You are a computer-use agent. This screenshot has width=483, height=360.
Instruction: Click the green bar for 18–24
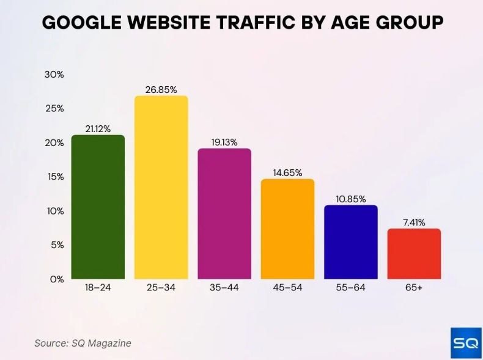tap(98, 207)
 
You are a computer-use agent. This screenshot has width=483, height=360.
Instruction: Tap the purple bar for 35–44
tap(224, 214)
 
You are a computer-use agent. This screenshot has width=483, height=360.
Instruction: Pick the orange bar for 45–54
tap(287, 229)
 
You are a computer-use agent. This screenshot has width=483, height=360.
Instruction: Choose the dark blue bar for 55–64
tap(351, 242)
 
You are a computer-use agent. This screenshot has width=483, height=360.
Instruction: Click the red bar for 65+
tap(414, 254)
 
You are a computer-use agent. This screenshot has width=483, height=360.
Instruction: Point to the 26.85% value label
tap(161, 90)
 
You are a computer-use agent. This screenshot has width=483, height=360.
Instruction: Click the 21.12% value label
tap(98, 129)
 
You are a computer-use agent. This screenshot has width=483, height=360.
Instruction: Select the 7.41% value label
tap(414, 222)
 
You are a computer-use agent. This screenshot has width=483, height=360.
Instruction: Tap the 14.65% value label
tap(287, 173)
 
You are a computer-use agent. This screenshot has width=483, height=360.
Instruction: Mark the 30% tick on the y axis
tap(54, 75)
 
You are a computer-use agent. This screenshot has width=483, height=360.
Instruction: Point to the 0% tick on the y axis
tap(56, 279)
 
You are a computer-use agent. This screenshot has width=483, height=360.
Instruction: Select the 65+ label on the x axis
tap(414, 287)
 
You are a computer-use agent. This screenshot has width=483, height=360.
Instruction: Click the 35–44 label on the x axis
tap(224, 287)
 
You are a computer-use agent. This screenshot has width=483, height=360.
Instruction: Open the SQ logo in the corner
tap(466, 343)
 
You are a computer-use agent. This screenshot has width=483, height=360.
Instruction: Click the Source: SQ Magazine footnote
tap(83, 343)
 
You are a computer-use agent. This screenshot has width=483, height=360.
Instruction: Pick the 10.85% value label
tap(351, 199)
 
